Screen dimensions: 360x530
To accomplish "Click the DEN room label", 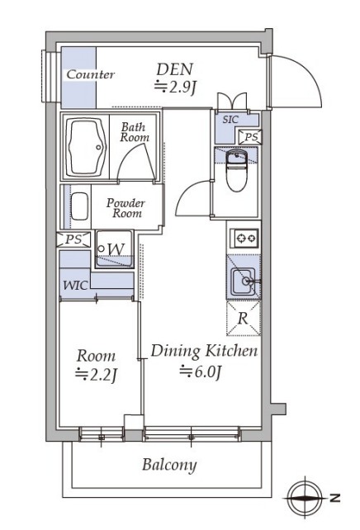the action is pos(174,69).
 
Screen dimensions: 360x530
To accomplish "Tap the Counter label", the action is pos(91,74).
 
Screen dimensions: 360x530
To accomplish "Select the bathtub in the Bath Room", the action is pos(86,147).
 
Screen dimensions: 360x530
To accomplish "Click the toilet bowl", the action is pos(237,171).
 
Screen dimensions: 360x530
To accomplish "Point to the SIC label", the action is pos(230,120).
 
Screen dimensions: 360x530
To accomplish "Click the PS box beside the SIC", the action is pos(250,137).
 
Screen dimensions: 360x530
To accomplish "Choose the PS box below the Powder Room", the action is pos(74,239).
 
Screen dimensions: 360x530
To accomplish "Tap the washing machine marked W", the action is pos(114,249).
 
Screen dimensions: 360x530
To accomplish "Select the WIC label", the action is pos(76,286).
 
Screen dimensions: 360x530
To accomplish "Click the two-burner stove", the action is pos(244,239).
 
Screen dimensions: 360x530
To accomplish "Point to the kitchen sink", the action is pos(244,281).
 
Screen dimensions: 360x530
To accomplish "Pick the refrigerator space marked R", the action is pos(244,318).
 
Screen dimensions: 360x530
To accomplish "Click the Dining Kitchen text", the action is pos(204,351).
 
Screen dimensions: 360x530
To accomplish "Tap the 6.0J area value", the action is pos(200,371).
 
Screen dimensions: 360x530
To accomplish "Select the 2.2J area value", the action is pos(97,374).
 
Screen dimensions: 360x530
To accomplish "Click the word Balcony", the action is pos(169,465).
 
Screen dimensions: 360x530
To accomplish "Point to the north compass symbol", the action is pos(306,498).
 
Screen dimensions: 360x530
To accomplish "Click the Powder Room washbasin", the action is pos(79,206).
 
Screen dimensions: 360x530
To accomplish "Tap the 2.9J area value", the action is pos(175,88).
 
